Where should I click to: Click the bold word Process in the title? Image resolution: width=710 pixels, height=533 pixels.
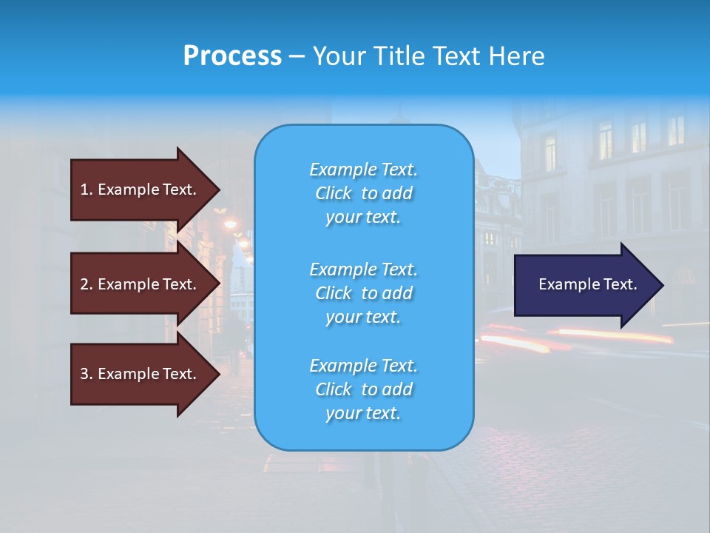232,56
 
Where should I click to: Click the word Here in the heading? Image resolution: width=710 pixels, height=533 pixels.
515,56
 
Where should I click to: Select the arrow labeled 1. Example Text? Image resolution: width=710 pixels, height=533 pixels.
141,190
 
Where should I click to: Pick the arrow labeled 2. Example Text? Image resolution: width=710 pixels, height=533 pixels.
141,284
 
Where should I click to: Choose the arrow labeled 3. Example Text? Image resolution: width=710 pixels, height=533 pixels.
141,374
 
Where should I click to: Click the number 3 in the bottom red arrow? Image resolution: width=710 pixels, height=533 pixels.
84,375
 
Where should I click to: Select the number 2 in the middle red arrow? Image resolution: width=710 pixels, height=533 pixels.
84,284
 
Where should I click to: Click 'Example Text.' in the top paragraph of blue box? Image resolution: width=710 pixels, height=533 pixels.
363,170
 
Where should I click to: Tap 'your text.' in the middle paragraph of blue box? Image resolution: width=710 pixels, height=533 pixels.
363,317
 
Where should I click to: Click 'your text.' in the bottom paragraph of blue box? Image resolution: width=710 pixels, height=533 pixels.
363,413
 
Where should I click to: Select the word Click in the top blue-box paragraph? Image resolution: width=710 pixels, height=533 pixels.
334,194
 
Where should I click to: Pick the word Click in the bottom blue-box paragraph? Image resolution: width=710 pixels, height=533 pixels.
334,389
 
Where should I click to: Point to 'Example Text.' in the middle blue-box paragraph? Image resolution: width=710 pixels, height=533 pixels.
363,269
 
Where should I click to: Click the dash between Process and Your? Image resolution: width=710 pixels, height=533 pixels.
297,56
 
